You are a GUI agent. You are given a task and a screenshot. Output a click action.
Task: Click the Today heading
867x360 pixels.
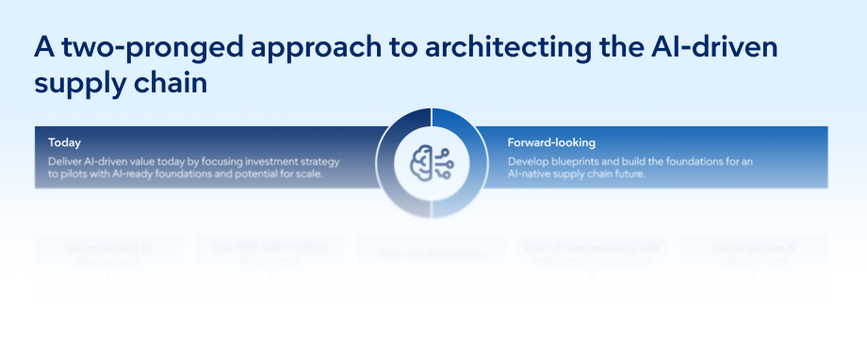point(64,142)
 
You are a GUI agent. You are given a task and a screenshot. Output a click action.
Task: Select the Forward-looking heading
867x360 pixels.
point(551,142)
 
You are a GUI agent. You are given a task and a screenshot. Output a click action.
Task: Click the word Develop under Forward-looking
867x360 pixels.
point(529,161)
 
